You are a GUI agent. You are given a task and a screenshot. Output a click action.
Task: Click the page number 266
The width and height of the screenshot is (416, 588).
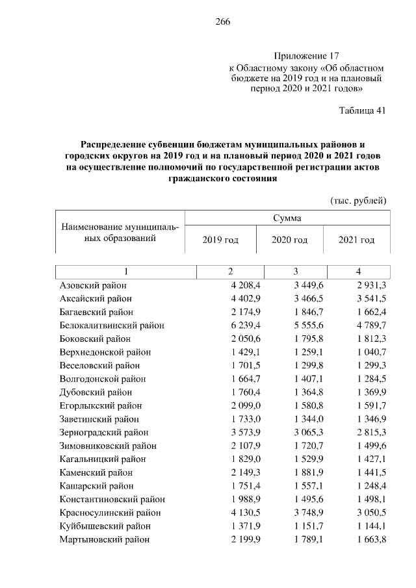pos(224,21)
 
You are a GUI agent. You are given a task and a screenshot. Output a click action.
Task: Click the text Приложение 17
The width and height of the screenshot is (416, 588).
pos(306,56)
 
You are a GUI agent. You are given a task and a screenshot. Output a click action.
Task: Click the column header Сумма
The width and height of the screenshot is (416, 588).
pos(287,218)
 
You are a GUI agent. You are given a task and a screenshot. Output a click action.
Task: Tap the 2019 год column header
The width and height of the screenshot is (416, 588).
pos(220,240)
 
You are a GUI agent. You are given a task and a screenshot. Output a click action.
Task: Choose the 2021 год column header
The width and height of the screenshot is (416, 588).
pos(356,240)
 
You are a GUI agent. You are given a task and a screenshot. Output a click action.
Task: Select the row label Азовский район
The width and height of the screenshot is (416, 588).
pos(92,285)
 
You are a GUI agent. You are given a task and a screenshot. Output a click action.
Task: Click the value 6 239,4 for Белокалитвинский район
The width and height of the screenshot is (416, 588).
pos(233,326)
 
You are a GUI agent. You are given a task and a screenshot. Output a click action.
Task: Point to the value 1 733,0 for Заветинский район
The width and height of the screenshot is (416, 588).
pos(233,419)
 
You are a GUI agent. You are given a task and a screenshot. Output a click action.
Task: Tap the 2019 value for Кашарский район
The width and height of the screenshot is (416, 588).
pos(233,486)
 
